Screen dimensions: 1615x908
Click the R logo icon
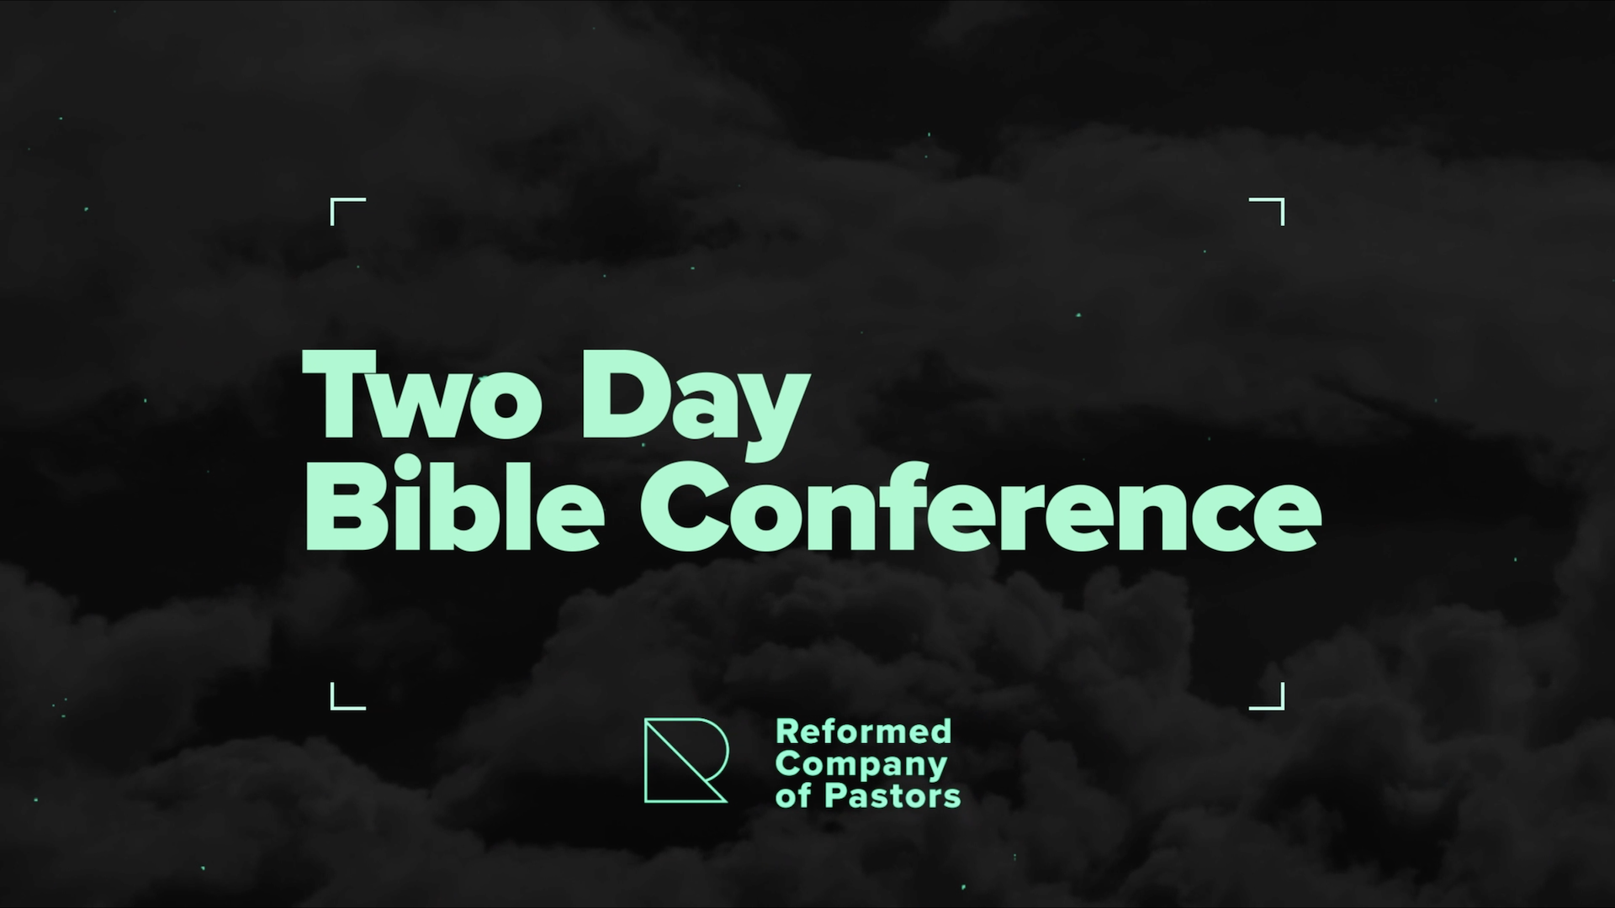[685, 760]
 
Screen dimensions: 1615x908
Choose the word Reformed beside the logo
[864, 731]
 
